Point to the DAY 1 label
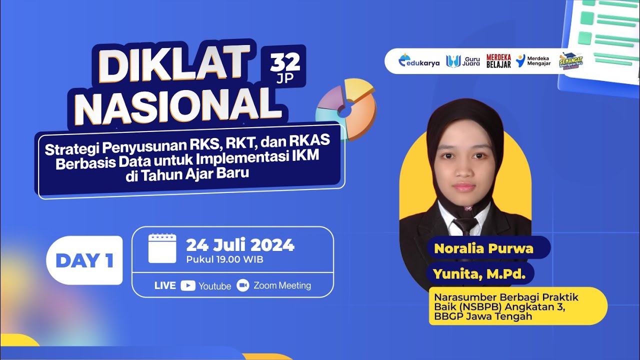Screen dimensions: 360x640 pos(84,260)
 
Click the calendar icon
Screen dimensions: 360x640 pos(162,248)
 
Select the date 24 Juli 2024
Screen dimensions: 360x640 pos(240,245)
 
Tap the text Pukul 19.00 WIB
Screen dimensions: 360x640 pos(224,259)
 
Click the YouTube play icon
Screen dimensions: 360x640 pos(188,285)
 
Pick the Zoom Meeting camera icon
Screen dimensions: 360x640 pos(243,285)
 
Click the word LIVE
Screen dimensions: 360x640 pos(165,285)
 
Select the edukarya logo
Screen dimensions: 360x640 pos(419,61)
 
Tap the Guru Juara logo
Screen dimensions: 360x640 pos(463,61)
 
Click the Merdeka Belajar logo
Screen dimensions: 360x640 pos(498,61)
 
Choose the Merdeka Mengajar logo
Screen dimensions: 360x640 pos(533,61)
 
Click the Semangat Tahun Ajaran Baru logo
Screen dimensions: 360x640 pos(570,61)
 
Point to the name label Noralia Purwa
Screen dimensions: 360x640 pos(483,248)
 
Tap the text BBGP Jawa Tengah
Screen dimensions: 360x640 pos(483,316)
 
